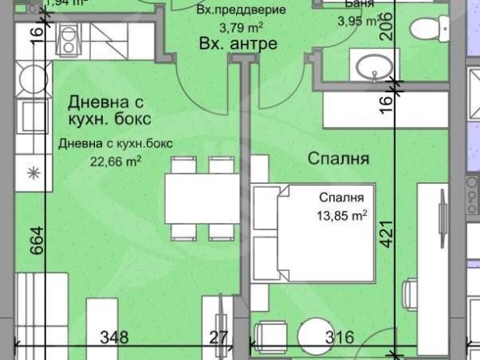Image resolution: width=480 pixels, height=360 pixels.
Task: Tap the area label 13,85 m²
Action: pyautogui.click(x=341, y=215)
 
